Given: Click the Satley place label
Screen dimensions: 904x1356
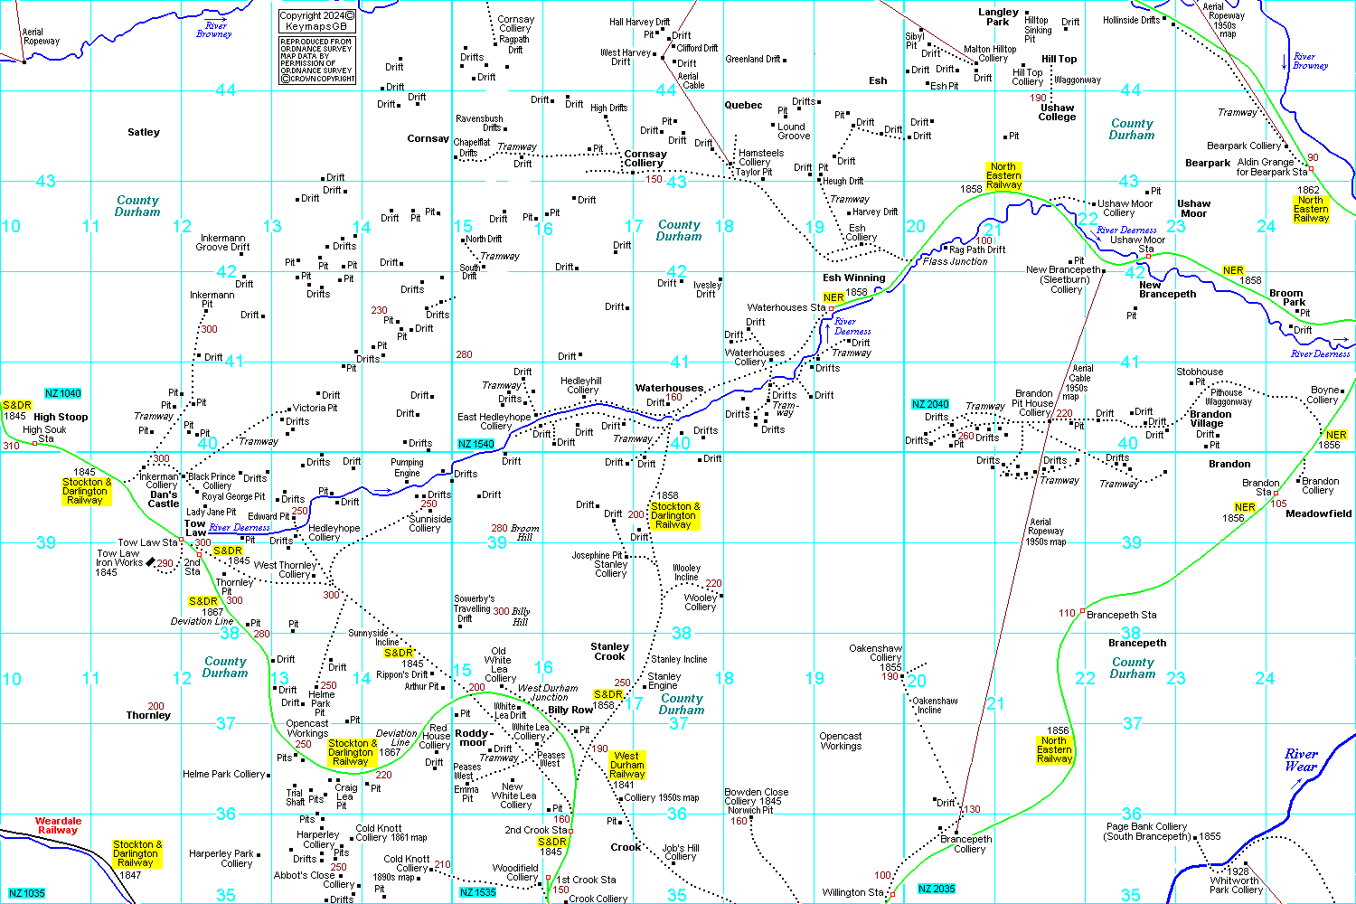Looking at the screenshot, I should point(144,132).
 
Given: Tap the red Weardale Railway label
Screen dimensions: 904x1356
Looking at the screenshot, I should point(58,825).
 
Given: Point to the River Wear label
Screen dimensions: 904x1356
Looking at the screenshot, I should point(1301,760).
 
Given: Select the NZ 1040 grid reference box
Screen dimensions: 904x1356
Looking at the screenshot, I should point(63,393).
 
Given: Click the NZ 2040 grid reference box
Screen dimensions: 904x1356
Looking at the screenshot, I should point(930,404).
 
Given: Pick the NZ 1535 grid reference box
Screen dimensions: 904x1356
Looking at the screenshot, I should point(477,892).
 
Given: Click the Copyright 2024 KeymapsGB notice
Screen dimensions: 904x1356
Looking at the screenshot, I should point(317,22).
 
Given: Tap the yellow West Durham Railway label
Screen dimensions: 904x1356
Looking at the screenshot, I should point(627,765).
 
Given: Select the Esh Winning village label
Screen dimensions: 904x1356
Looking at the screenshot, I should point(854,278).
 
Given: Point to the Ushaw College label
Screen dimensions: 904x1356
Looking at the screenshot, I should point(1057,112).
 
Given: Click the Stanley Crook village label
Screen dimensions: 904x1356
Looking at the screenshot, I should point(609,651).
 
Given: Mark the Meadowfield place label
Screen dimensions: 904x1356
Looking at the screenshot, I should point(1318,513).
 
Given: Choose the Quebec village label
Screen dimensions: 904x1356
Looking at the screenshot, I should point(743,105).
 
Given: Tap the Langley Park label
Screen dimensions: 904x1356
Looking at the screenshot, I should point(998,17).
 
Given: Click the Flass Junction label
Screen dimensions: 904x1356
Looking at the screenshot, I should point(955,261).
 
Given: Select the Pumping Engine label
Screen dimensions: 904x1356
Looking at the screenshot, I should point(407,467).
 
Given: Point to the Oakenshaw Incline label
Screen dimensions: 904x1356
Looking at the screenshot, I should point(935,705).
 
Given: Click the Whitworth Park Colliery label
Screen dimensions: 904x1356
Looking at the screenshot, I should point(1236,885).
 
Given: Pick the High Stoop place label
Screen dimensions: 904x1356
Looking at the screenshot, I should point(61,417).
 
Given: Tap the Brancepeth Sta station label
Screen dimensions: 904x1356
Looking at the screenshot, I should point(1121,615).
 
